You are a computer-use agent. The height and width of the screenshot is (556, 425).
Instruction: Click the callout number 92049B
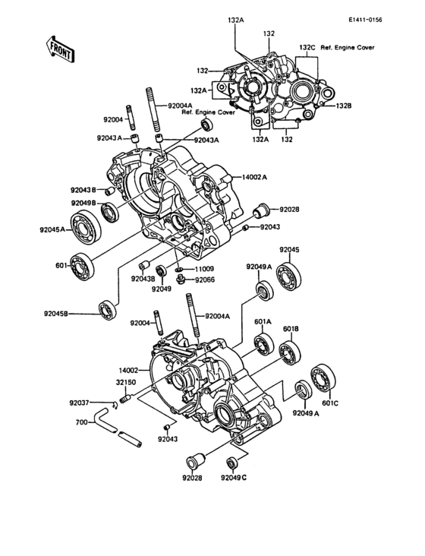click(84, 203)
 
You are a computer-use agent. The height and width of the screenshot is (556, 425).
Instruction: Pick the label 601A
click(264, 321)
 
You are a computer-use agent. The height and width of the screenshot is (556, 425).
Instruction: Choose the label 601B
click(290, 329)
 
